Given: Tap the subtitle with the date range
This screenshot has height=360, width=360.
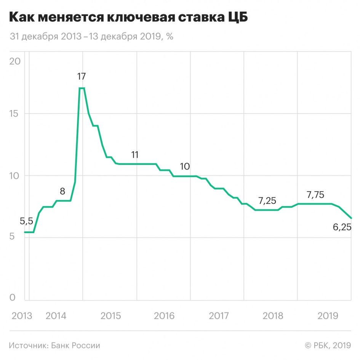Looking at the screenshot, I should (91, 37).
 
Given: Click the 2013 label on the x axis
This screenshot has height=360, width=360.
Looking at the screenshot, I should (22, 316).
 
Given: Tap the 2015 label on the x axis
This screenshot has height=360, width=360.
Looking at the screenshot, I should (110, 316).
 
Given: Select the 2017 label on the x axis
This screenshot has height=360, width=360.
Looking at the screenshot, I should (219, 316).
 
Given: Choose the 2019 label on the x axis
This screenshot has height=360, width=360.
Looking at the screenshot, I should (328, 316).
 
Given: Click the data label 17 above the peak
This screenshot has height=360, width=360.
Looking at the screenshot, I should (81, 76).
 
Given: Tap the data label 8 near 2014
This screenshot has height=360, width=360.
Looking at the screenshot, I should (62, 191).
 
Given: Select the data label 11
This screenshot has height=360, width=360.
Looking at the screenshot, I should (135, 155).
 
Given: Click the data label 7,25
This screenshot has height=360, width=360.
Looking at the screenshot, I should (267, 200).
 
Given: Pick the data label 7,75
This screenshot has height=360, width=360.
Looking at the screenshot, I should (315, 195).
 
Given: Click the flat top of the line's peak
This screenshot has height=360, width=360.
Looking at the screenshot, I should (82, 88).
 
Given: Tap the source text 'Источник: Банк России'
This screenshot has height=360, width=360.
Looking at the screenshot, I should (54, 346).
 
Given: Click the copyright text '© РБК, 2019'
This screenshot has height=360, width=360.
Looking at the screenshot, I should (328, 346).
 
